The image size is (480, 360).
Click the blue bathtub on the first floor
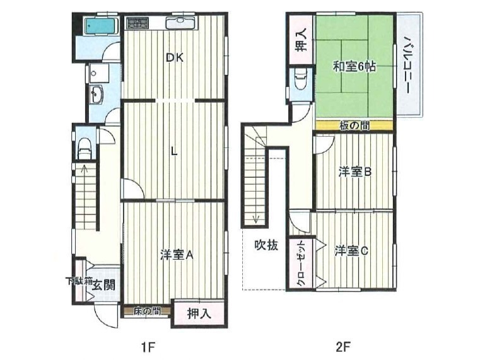point(101,26)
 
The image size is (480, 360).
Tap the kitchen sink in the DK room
point(180,22)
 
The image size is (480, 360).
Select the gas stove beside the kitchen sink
point(137,23)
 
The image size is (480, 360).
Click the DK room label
point(175,57)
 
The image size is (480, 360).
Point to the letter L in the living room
point(174,151)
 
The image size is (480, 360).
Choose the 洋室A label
point(177,255)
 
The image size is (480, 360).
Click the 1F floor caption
point(148,347)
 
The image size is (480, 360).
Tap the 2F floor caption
point(342,347)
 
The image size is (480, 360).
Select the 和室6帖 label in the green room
point(354,67)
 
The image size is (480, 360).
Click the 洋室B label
point(354,171)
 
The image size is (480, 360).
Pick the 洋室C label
point(351,251)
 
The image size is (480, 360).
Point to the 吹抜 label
point(266,245)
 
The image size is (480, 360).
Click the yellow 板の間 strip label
point(354,125)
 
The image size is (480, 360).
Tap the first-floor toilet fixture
point(85,148)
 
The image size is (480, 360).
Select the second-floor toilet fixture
point(300,79)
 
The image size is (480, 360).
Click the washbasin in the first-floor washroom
point(97,94)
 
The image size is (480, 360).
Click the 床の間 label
point(146,311)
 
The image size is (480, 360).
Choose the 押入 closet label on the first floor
point(199,314)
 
